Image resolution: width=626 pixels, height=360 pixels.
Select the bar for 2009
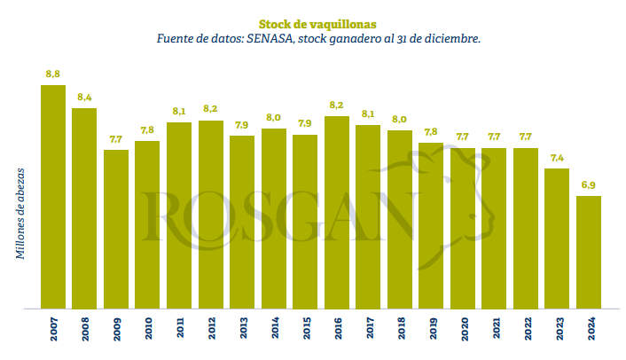coord(116,230)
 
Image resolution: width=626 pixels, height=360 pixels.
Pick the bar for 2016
coord(337,213)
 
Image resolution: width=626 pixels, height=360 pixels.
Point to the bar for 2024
coord(589,253)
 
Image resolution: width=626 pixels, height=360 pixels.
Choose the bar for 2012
coord(210,215)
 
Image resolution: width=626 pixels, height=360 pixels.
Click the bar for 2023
coord(557,239)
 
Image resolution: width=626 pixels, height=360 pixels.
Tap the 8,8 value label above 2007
coord(52,74)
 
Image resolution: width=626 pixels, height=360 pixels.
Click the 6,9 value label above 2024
coord(589,184)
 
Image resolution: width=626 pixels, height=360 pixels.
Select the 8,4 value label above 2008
coord(84,97)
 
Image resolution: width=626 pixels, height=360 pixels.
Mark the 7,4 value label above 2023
coord(557,158)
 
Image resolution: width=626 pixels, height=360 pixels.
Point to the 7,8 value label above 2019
coord(431,132)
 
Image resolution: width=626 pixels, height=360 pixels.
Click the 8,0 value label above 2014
coord(274,118)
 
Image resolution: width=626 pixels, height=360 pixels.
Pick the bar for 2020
coord(463,229)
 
